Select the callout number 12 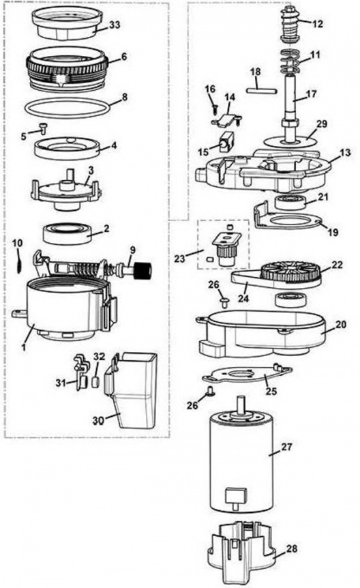318,23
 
